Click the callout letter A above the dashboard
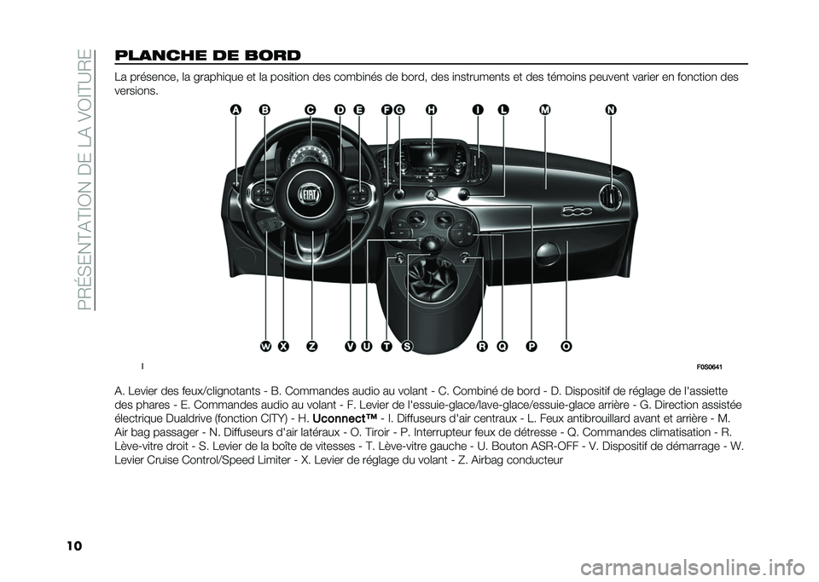(x=236, y=109)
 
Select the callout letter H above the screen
(x=431, y=109)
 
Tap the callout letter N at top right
(x=611, y=109)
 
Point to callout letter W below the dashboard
(x=265, y=346)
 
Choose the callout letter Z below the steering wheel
(x=312, y=346)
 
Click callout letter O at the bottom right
(x=566, y=346)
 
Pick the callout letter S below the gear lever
(x=406, y=346)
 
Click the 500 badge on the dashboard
(x=578, y=210)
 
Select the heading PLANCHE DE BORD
(x=206, y=55)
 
